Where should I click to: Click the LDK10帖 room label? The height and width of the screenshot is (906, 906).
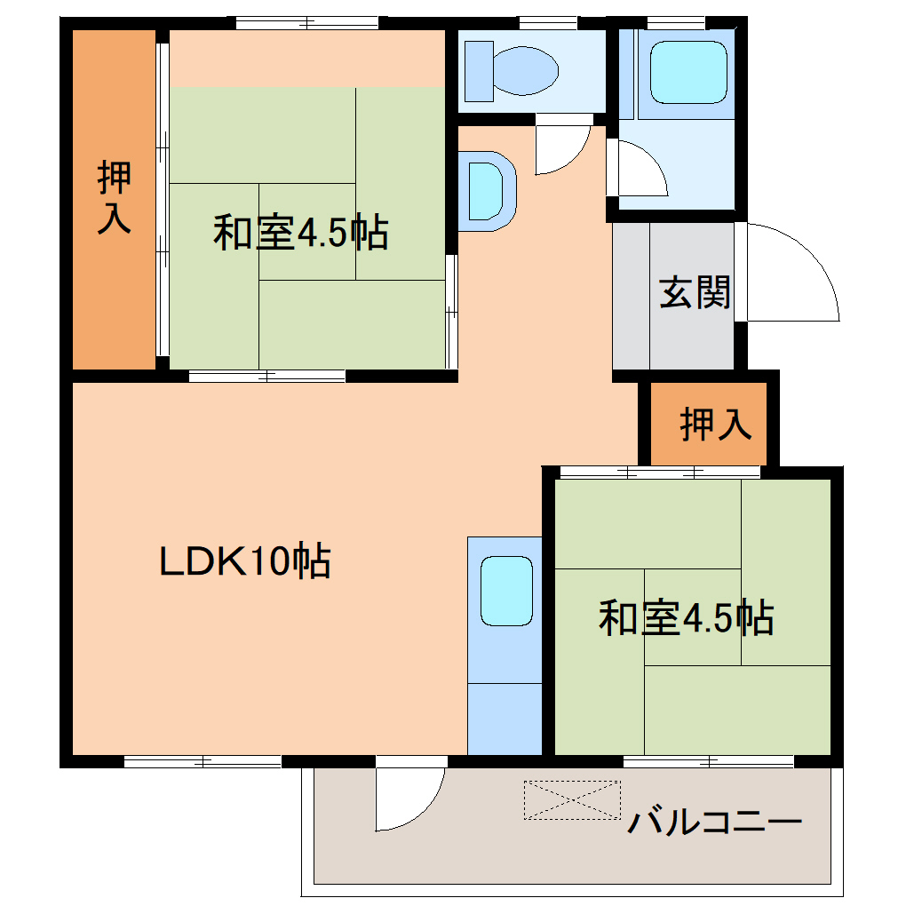(245, 561)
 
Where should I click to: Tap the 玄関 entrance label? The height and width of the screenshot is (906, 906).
(695, 292)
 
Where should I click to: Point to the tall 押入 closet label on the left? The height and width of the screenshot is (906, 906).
(115, 198)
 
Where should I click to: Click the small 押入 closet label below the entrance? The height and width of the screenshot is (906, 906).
(716, 424)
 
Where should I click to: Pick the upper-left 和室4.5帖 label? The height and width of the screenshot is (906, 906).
(300, 233)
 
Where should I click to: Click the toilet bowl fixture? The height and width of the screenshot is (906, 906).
(525, 68)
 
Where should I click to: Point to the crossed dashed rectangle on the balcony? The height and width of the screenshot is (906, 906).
(572, 799)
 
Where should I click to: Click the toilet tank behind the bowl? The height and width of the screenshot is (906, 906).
(480, 70)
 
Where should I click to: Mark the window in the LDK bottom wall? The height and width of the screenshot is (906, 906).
(203, 761)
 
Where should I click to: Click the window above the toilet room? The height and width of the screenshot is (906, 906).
(548, 22)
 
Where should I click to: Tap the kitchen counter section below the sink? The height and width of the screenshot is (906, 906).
(505, 718)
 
